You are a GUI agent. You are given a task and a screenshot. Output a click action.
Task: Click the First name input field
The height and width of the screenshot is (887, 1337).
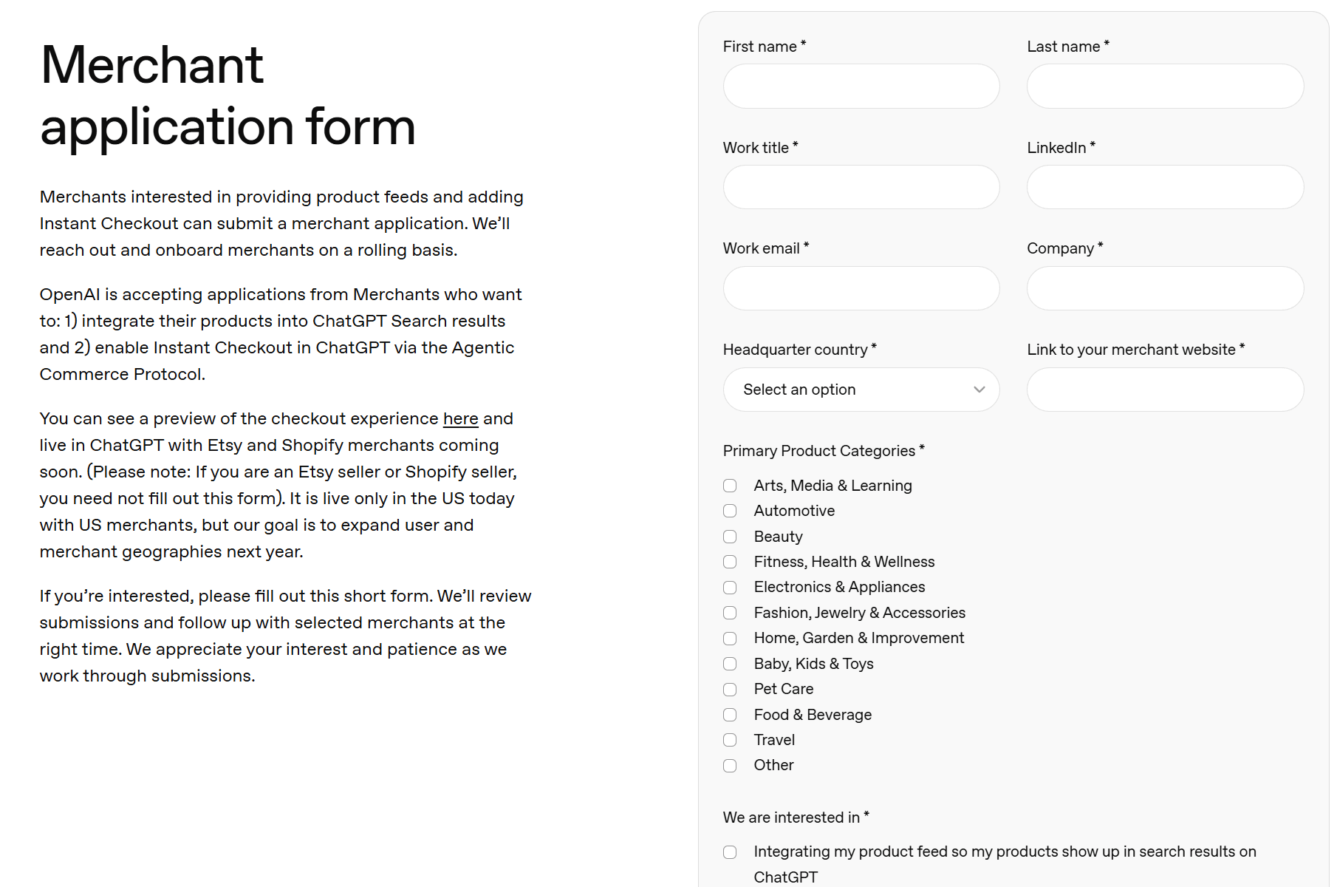(x=861, y=86)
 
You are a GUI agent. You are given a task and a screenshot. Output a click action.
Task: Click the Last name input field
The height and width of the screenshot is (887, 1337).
(x=1165, y=86)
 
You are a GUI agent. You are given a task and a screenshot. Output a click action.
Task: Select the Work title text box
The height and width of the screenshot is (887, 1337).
(x=861, y=187)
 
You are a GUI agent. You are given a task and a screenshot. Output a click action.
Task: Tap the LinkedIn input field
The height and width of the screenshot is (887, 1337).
(x=1165, y=187)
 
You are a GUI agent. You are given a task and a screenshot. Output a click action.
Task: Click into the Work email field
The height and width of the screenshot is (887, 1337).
(x=861, y=288)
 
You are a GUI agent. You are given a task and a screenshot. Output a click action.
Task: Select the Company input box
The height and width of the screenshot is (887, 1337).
(x=1165, y=288)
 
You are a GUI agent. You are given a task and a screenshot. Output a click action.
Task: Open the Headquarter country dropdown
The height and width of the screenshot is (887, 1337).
(x=861, y=390)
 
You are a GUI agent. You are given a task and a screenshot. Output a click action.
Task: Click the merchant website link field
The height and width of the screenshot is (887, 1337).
(x=1165, y=390)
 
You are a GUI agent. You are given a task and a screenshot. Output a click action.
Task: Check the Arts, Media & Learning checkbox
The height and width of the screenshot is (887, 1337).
(x=730, y=486)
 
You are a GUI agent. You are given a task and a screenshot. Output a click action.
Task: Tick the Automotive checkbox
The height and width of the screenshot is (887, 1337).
(x=730, y=511)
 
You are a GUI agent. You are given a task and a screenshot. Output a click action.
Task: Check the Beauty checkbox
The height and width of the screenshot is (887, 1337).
(x=730, y=537)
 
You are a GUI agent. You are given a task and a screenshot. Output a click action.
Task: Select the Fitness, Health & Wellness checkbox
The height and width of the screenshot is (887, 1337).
(x=730, y=562)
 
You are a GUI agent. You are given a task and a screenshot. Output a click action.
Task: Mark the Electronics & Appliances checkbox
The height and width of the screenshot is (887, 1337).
(x=730, y=588)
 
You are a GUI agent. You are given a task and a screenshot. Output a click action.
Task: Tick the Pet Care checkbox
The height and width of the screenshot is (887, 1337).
(x=730, y=690)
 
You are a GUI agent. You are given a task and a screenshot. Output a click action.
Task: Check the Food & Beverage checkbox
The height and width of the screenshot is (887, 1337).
(x=730, y=715)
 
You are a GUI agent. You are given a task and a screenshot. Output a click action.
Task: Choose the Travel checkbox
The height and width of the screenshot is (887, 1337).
(x=730, y=740)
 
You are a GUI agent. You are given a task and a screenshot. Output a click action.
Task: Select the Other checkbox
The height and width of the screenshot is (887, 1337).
(x=730, y=766)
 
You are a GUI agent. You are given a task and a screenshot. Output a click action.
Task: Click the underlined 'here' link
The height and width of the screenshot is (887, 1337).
(x=460, y=419)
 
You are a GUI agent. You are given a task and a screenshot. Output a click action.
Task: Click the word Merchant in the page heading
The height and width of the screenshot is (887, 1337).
(x=152, y=65)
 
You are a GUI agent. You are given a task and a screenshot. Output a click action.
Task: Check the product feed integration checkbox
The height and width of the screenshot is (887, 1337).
(x=730, y=852)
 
